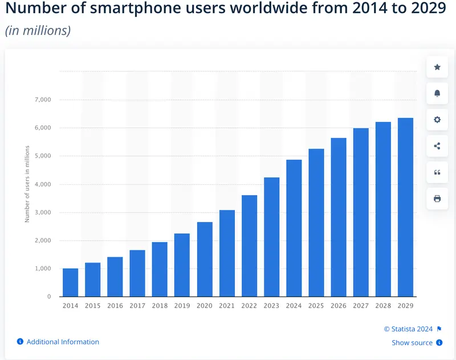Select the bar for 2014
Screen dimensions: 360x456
pos(71,282)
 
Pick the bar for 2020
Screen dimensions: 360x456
pos(205,259)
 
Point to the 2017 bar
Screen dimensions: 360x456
pos(137,273)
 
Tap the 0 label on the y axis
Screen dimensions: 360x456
pos(49,297)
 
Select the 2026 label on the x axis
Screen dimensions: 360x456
pos(339,306)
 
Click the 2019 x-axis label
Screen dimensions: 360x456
pos(182,306)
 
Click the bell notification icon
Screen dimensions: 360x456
pos(437,94)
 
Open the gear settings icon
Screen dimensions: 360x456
pos(437,120)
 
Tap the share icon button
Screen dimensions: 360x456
pos(437,146)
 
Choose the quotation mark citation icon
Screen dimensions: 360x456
pos(437,172)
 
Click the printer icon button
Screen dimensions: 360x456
pos(437,199)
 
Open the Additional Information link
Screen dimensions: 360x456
pos(63,342)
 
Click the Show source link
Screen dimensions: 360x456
pos(412,343)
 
